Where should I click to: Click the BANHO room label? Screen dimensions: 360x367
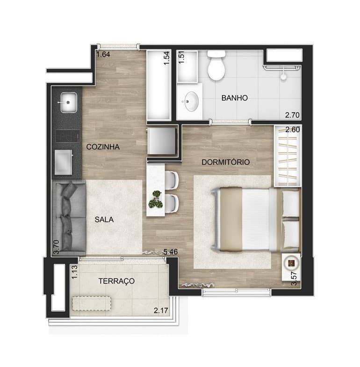click(235, 98)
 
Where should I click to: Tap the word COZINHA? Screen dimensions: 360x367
click(103, 147)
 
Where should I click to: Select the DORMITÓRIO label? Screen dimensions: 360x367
click(225, 162)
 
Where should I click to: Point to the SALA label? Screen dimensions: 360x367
click(104, 220)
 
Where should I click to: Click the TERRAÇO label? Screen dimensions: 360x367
click(116, 281)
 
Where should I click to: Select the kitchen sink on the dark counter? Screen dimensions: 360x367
click(68, 102)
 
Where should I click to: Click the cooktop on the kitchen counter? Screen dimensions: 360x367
click(68, 136)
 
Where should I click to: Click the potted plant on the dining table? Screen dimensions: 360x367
click(155, 199)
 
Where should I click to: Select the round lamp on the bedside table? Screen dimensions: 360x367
click(291, 264)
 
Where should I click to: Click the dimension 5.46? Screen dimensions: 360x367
click(170, 252)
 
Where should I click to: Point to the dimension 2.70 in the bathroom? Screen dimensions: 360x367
click(292, 115)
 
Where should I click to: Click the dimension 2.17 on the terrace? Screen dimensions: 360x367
click(161, 311)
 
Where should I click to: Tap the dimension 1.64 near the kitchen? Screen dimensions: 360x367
click(103, 54)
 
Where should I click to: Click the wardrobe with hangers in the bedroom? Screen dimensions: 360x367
click(288, 156)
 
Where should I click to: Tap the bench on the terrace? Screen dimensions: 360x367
click(92, 303)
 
